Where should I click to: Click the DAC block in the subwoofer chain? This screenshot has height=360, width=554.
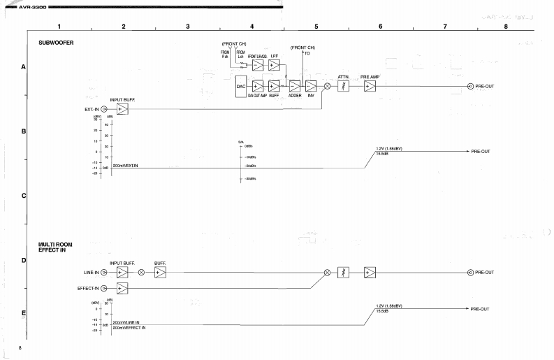tap(241, 87)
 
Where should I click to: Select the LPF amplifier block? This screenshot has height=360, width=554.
tap(274, 66)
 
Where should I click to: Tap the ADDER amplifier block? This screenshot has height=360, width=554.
tap(294, 87)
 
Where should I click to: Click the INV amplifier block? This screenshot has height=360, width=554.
tap(311, 87)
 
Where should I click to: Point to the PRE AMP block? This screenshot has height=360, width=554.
tap(369, 86)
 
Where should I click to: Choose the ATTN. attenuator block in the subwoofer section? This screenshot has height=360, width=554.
tap(344, 86)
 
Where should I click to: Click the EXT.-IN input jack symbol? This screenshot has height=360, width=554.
tap(105, 109)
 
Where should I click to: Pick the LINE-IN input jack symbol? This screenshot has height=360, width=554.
tap(105, 272)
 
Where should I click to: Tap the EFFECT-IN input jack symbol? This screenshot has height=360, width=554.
tap(105, 288)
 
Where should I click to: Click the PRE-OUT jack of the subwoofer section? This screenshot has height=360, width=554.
tap(470, 87)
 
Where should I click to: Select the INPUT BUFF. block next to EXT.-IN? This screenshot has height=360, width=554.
tap(122, 109)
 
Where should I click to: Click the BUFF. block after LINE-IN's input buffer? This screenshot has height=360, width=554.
tap(160, 272)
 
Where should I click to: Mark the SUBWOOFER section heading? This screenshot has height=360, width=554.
tap(56, 43)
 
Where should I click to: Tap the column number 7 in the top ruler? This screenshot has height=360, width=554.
tap(445, 26)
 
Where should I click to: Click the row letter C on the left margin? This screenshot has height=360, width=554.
tap(24, 195)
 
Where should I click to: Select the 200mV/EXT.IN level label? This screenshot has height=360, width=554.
tap(126, 166)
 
